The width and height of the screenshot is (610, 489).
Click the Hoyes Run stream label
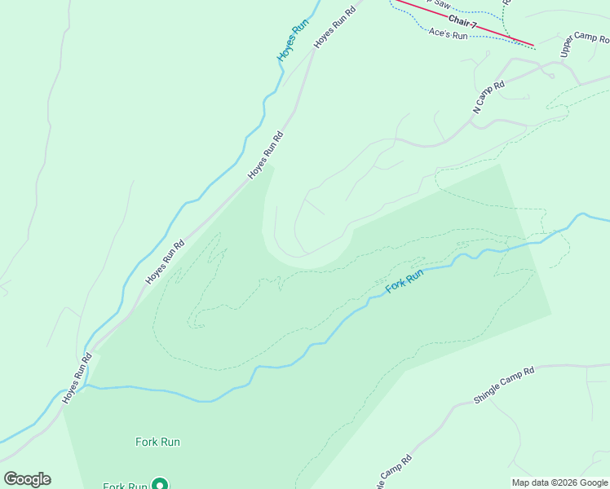pyautogui.click(x=294, y=42)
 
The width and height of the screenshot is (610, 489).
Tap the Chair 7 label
pyautogui.click(x=462, y=22)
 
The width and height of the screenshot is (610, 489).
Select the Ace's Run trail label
pyautogui.click(x=448, y=35)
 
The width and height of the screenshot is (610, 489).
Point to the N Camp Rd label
pyautogui.click(x=488, y=96)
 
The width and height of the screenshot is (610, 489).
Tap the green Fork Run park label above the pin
pyautogui.click(x=157, y=442)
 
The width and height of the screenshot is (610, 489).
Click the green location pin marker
pyautogui.click(x=161, y=484)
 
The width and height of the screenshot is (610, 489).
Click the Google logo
pyautogui.click(x=27, y=479)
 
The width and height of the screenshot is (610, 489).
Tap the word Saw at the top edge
pyautogui.click(x=441, y=3)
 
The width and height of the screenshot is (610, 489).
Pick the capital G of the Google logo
pyautogui.click(x=10, y=479)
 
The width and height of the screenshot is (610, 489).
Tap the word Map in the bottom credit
pyautogui.click(x=521, y=482)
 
